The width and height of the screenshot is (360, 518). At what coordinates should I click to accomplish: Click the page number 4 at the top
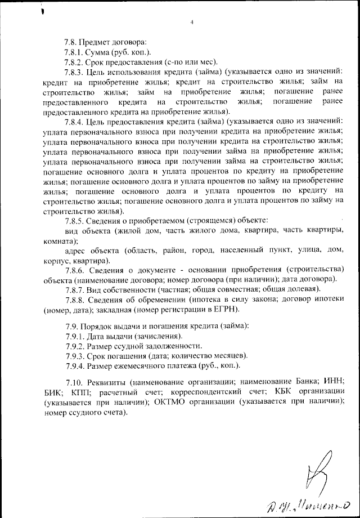tap(192, 22)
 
